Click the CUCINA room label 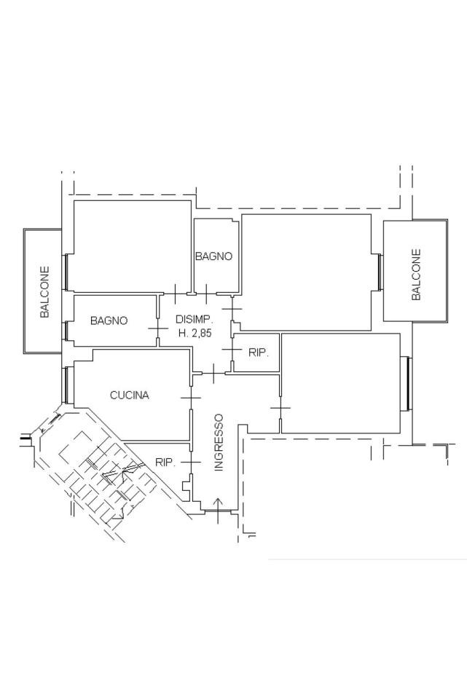pyautogui.click(x=130, y=395)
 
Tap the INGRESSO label pyautogui.click(x=219, y=442)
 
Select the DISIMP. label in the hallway pyautogui.click(x=195, y=319)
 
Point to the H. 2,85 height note pyautogui.click(x=195, y=333)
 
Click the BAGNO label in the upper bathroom pyautogui.click(x=214, y=256)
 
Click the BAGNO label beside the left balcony pyautogui.click(x=109, y=320)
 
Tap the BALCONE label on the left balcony pyautogui.click(x=44, y=292)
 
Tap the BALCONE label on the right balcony pyautogui.click(x=416, y=275)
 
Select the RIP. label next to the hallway pyautogui.click(x=259, y=353)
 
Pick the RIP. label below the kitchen pyautogui.click(x=165, y=463)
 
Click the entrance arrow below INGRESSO pyautogui.click(x=218, y=510)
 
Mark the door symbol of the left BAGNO pyautogui.click(x=158, y=329)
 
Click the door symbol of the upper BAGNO pyautogui.click(x=206, y=294)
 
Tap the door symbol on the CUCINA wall pyautogui.click(x=191, y=397)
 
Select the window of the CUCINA pyautogui.click(x=66, y=385)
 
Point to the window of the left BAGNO pyautogui.click(x=66, y=331)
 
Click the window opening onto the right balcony pyautogui.click(x=380, y=272)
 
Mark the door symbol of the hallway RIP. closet pyautogui.click(x=232, y=349)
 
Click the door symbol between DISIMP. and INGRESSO pyautogui.click(x=213, y=373)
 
